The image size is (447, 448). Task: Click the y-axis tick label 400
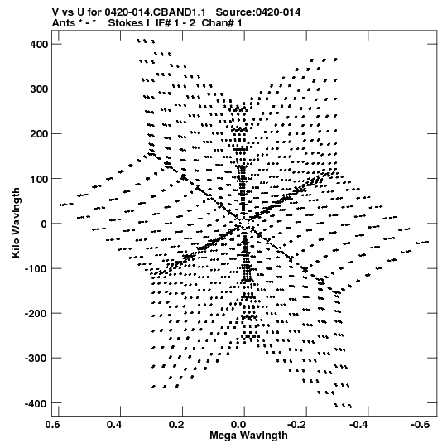39,44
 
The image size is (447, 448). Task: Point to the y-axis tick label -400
36,404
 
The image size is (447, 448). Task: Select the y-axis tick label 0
44,224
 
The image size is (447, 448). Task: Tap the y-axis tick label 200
39,134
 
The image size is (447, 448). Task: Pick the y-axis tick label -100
36,269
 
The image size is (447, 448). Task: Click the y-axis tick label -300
36,359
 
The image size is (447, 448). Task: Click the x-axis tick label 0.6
52,425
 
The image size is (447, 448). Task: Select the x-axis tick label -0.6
421,425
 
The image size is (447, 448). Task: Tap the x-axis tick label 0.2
176,425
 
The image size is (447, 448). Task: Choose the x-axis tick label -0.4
358,425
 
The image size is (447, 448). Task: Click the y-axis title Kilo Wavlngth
16,223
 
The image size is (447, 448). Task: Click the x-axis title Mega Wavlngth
248,436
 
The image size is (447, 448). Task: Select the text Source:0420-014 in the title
258,12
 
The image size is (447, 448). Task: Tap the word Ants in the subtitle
64,23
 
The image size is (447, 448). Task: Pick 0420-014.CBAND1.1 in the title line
155,12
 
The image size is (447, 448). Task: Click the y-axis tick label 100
39,179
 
